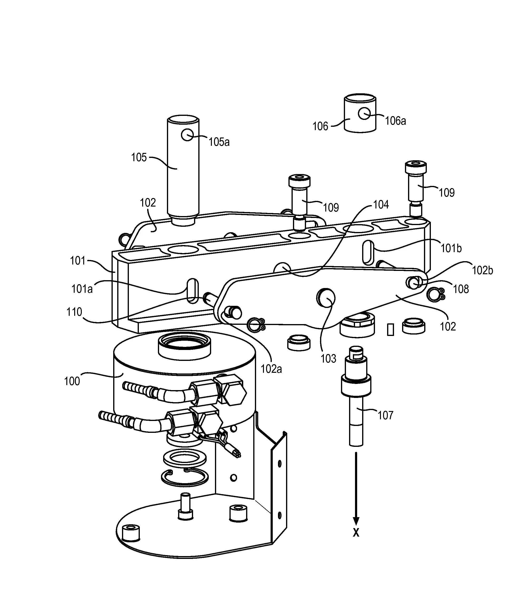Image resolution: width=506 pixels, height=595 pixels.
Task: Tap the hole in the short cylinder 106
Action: tap(364, 113)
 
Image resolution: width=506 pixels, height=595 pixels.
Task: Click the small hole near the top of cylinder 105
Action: tap(187, 135)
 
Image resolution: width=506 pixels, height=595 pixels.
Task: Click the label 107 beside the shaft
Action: tap(385, 415)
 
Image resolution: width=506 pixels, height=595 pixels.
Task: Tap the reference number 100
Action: tap(72, 381)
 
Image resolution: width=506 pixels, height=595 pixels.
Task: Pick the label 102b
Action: tap(482, 270)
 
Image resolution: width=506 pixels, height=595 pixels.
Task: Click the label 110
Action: tap(74, 312)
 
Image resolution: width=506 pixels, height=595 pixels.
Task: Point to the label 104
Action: tap(381, 204)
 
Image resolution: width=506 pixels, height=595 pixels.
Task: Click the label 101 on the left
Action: tap(78, 261)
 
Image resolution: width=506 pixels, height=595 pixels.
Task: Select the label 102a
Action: tap(271, 369)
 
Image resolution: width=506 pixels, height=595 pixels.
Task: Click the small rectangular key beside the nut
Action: tap(390, 330)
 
